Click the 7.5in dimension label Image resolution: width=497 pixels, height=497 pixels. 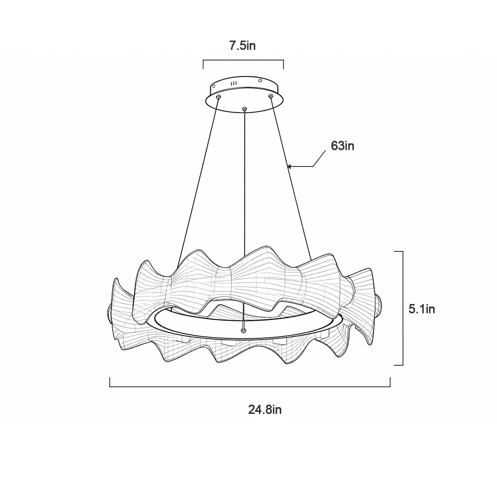pos(242,46)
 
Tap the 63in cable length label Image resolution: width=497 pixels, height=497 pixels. pos(343,146)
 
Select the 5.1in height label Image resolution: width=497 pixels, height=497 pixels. pos(422,309)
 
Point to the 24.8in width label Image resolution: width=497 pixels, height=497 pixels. pos(265,410)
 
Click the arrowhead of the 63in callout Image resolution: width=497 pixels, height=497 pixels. pos(290,166)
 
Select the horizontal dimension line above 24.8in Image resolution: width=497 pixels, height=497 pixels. pos(250,386)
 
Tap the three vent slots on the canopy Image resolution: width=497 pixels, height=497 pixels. pos(234,83)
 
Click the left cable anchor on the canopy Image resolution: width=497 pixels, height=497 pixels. pos(219,97)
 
